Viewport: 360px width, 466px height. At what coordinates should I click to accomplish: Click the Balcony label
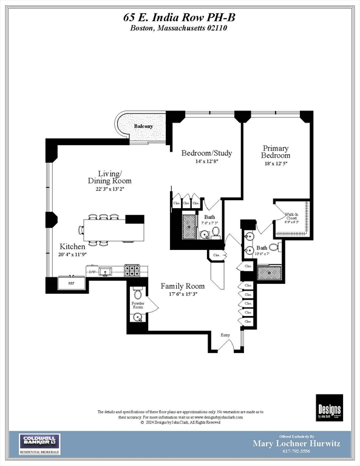click(144, 126)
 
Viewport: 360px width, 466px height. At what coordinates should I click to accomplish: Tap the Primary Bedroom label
click(276, 152)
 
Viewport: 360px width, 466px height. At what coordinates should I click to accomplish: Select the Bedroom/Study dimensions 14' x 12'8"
click(206, 161)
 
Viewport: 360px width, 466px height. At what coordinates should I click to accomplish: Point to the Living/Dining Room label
click(110, 177)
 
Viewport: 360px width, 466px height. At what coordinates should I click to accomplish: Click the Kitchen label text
click(72, 246)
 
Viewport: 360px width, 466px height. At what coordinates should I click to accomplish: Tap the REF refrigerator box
click(71, 283)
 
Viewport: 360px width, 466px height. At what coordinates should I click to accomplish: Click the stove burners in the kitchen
click(132, 270)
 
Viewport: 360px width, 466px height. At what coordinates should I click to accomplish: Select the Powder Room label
click(138, 305)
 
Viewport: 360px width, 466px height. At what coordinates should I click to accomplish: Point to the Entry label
click(225, 335)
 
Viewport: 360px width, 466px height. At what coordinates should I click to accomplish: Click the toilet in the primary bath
click(273, 248)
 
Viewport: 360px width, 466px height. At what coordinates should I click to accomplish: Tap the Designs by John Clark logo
click(329, 407)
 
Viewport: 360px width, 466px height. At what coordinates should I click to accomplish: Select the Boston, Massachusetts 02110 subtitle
click(180, 29)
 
